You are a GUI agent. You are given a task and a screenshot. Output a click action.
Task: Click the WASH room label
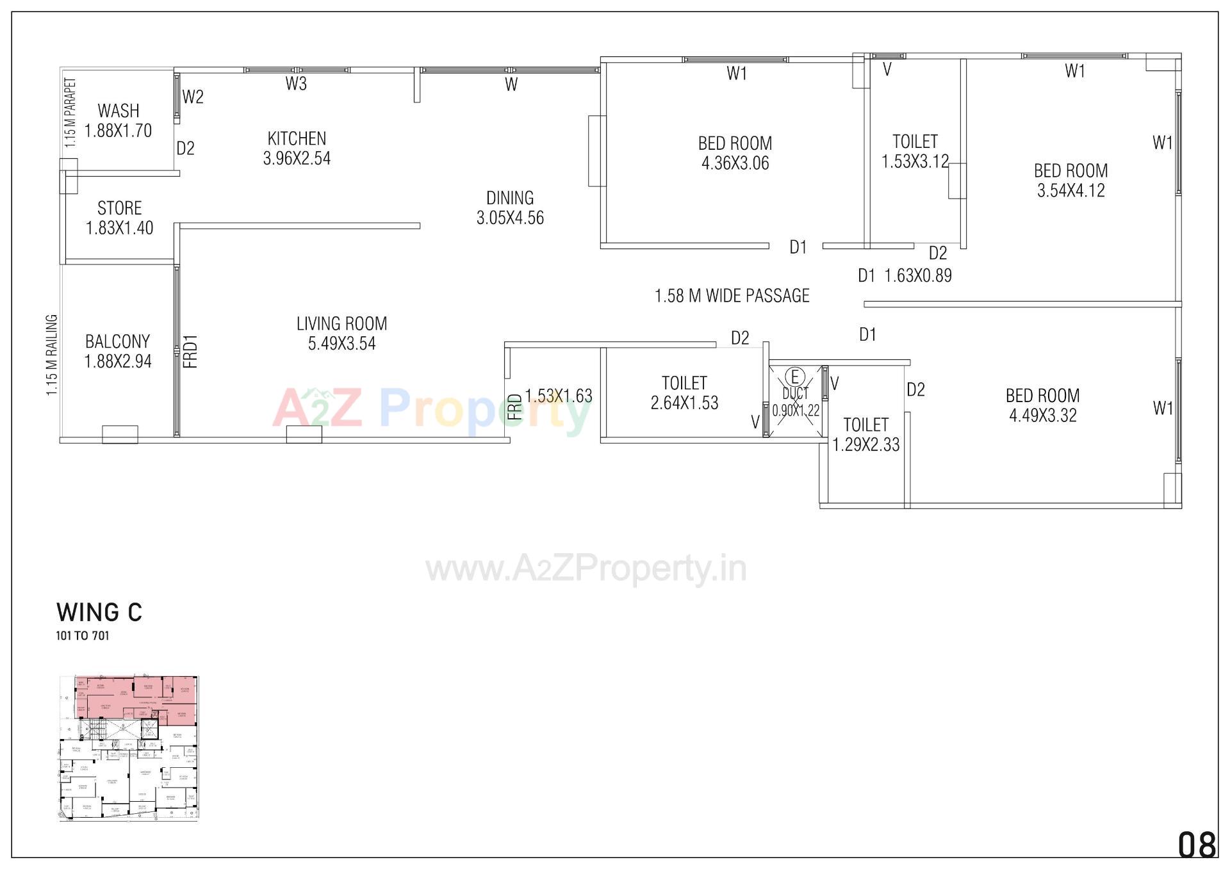(x=119, y=111)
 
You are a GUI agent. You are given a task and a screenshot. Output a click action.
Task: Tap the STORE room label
(x=119, y=208)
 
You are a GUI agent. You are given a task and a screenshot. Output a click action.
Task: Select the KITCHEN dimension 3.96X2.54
(x=297, y=158)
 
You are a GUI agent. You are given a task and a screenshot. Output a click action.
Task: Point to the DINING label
(x=510, y=198)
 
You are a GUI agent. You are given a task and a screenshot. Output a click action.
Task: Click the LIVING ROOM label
(x=341, y=323)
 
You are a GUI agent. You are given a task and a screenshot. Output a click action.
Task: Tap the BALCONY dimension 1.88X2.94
(x=118, y=361)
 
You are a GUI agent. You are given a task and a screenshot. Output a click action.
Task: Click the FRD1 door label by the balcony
(x=190, y=352)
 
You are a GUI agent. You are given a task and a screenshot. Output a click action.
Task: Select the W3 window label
(x=296, y=84)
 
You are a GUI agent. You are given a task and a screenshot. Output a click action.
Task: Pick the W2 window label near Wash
(x=193, y=97)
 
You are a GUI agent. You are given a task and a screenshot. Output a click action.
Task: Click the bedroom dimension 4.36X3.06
(x=735, y=163)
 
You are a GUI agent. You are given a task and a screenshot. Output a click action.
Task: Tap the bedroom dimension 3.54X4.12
(x=1070, y=190)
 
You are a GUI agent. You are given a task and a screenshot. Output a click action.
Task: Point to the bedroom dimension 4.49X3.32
(x=1042, y=415)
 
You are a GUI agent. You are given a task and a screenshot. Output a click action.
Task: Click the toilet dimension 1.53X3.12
(x=915, y=161)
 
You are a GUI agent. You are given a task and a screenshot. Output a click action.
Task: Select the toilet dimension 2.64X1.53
(x=684, y=403)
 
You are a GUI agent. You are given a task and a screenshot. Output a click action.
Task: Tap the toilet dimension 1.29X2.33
(x=865, y=444)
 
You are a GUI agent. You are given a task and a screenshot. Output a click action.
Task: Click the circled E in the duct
(x=795, y=376)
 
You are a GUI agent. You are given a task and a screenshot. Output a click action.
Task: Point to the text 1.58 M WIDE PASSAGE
(x=732, y=296)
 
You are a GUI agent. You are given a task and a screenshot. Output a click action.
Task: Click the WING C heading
(x=99, y=612)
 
